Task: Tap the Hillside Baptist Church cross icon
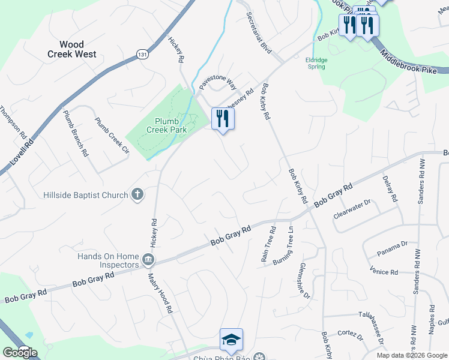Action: click(137, 194)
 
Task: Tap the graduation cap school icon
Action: click(231, 340)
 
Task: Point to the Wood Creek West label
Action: click(72, 49)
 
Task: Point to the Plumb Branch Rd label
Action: click(75, 133)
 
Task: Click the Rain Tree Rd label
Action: click(268, 238)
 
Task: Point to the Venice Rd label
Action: click(384, 272)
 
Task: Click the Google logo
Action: click(20, 352)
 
